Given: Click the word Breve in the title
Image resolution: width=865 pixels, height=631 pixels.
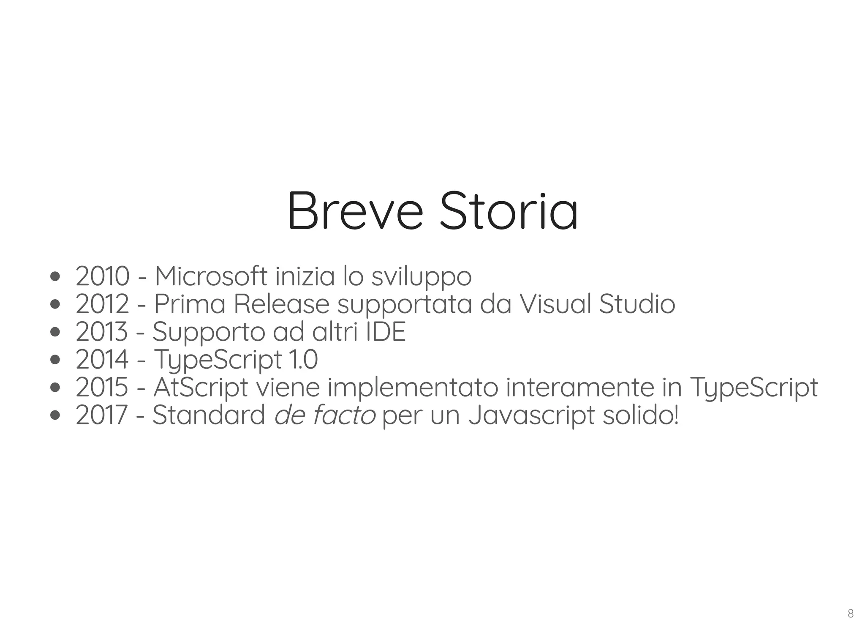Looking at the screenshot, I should (x=355, y=211).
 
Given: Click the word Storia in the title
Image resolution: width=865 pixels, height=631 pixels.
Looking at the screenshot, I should (x=509, y=211).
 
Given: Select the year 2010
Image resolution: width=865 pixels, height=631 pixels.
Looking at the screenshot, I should (x=102, y=276).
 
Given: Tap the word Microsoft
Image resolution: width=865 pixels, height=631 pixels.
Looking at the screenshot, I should (x=211, y=276).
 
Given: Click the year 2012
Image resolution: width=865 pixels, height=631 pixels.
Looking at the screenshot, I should (x=102, y=304).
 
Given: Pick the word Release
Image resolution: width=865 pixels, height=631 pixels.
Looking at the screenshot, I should (x=281, y=304).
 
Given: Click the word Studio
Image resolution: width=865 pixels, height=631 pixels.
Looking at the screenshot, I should (x=637, y=304).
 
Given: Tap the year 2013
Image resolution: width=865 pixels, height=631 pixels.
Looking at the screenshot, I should (x=101, y=332).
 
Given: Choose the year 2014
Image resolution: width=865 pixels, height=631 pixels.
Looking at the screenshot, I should (x=102, y=360).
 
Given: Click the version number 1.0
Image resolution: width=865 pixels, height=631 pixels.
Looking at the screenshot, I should (x=303, y=360).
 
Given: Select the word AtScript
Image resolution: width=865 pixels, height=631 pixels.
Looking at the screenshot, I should (x=201, y=388).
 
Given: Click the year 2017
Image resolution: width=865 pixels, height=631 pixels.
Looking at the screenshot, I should (x=101, y=415).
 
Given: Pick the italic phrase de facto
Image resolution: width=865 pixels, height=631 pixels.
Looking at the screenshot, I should (x=325, y=415).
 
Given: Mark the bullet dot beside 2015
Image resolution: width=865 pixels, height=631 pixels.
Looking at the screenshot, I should (x=55, y=388).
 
